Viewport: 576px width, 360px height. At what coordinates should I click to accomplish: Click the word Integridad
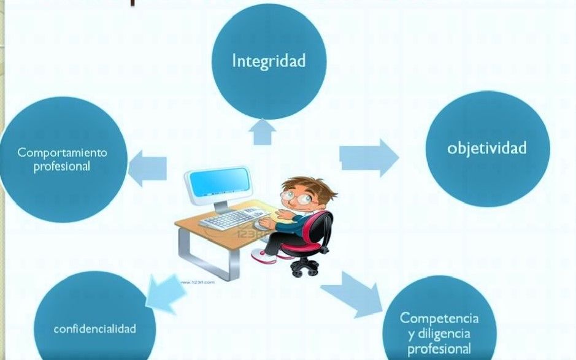point(269,61)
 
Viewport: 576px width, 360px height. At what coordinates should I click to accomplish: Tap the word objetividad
point(487,148)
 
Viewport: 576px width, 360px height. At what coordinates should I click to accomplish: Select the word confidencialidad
point(95,328)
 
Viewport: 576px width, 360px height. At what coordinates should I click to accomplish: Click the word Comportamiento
point(62,152)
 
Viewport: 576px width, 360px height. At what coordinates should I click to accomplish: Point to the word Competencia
point(439,318)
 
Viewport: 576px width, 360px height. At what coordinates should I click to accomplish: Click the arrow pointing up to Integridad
point(262,131)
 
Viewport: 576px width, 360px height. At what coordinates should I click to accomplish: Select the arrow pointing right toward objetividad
point(369,158)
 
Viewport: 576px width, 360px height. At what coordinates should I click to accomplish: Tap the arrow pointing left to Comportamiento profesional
point(147,168)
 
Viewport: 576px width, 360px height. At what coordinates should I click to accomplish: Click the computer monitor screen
point(220,181)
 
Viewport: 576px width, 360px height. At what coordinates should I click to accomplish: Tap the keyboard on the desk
point(231,218)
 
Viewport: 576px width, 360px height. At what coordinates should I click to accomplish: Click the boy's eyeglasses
point(296,197)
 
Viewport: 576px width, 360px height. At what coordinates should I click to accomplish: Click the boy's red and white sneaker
point(263,256)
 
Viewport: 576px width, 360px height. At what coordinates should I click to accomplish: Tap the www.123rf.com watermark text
point(198,282)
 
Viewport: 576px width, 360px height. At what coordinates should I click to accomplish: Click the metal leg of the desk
point(208,257)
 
